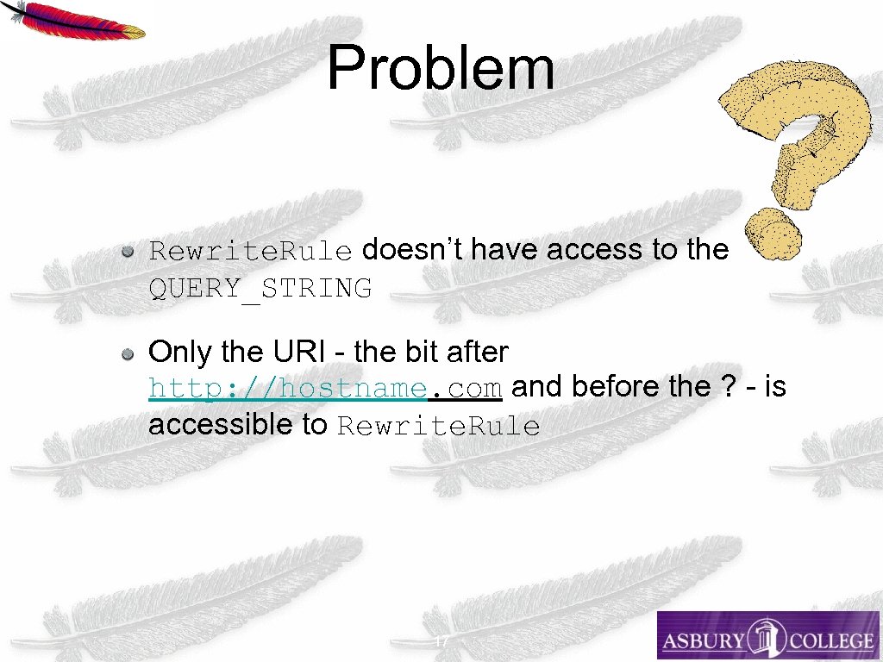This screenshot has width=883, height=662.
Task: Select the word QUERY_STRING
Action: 260,289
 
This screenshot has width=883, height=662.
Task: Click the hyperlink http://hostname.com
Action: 325,390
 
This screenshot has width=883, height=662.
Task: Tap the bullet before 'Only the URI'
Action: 127,353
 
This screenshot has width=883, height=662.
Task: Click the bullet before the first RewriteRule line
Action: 127,252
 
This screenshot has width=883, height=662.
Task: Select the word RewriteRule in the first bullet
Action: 250,252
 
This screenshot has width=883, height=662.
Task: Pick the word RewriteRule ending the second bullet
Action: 438,427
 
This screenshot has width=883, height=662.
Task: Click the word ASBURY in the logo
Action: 704,640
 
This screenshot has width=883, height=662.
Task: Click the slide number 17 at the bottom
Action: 441,643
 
